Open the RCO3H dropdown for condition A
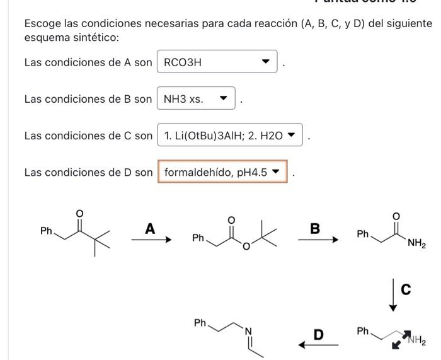[217, 62]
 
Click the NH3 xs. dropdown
[196, 99]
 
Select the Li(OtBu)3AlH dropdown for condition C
[230, 136]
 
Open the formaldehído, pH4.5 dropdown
[222, 171]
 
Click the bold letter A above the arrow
[150, 229]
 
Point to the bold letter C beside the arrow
[406, 289]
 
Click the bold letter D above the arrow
[319, 335]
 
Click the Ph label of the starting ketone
[46, 231]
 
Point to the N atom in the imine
[248, 331]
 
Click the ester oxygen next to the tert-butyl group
[246, 245]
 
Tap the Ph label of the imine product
[200, 323]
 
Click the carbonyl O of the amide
[396, 216]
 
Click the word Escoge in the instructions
[41, 24]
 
